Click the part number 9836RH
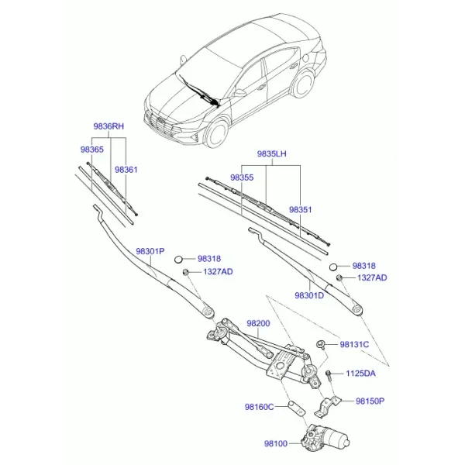(108, 126)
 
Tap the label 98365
(92, 150)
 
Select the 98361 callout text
(126, 170)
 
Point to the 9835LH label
(271, 153)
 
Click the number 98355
(242, 177)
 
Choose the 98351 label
(301, 209)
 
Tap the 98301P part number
(150, 251)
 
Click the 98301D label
(309, 295)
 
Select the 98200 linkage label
(258, 323)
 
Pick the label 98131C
(354, 344)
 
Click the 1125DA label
(360, 373)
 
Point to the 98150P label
(370, 401)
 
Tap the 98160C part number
(259, 407)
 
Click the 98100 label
(276, 443)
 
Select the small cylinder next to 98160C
(297, 408)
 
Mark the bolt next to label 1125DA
(329, 377)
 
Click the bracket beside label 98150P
(326, 407)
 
